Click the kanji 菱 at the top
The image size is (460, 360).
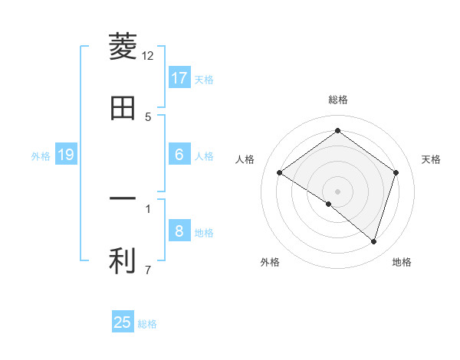(123, 47)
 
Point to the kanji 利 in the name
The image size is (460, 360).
(123, 260)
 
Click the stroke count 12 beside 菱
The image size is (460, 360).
(148, 55)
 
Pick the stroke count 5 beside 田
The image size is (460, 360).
(148, 116)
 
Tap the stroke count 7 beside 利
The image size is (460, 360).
(148, 269)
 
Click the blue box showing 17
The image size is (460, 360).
(179, 78)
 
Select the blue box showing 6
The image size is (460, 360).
(179, 155)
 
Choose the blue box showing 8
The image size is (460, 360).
(179, 231)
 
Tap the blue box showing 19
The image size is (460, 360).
(66, 155)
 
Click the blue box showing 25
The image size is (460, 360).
(123, 322)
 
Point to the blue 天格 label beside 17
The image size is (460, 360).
(204, 80)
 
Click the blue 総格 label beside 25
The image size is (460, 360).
(147, 324)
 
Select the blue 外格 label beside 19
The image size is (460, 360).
(41, 156)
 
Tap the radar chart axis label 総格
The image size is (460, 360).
(338, 100)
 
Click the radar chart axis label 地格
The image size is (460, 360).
(402, 262)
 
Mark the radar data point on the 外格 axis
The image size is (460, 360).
(329, 204)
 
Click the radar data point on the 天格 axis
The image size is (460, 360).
(396, 172)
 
